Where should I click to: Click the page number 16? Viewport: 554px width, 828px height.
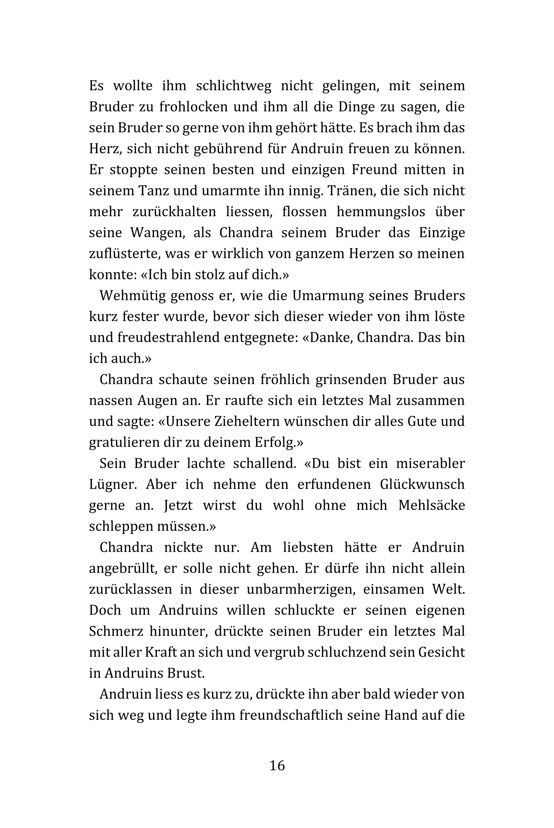[277, 765]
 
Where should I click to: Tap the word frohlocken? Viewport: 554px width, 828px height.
[193, 107]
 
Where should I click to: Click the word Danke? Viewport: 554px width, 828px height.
[328, 337]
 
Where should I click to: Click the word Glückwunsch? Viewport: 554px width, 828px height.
[422, 484]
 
